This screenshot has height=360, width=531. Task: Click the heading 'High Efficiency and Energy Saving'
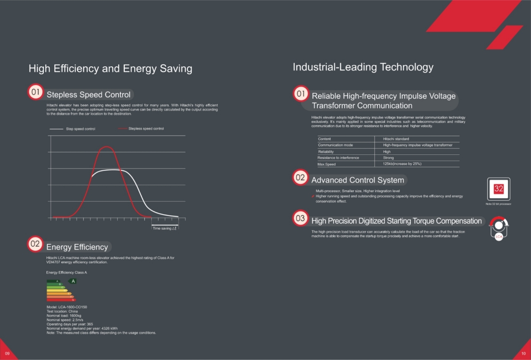tap(110, 69)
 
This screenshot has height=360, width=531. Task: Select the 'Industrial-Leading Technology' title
tap(363, 67)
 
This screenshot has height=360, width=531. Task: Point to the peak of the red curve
tap(106, 147)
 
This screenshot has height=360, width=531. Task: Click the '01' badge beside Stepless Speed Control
tap(35, 92)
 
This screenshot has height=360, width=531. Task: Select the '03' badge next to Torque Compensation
tap(300, 218)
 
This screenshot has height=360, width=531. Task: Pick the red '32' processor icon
tap(499, 189)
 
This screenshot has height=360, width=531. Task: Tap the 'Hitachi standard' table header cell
tap(396, 139)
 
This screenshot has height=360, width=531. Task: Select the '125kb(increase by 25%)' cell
tap(402, 164)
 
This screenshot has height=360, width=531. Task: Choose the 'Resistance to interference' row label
tap(338, 158)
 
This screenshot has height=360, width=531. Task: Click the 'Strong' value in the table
tap(388, 158)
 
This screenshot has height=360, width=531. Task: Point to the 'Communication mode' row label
tap(335, 145)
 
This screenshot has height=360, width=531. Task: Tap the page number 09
tap(7, 353)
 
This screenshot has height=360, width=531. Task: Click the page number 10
tap(523, 353)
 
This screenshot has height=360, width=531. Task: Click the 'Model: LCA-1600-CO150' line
tap(67, 307)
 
